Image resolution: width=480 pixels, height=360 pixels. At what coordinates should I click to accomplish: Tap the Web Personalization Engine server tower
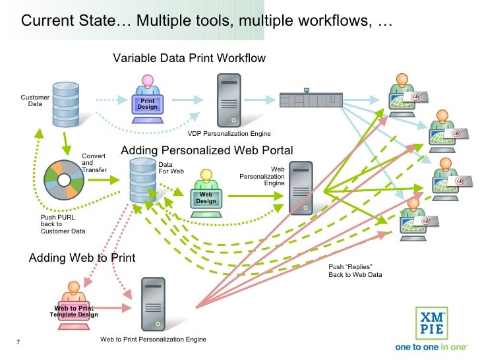(x=300, y=187)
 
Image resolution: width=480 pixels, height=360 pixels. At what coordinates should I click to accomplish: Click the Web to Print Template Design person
(x=74, y=303)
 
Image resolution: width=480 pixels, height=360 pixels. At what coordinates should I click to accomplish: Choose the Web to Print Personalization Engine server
(x=153, y=304)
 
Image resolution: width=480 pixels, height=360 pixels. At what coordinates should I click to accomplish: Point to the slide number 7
(x=17, y=342)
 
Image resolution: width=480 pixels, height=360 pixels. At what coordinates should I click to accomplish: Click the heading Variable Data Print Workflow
(x=189, y=58)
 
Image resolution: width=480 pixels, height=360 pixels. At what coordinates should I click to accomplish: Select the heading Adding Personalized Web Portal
(x=206, y=151)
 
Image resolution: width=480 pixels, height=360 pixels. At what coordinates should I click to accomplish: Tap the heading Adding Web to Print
(x=82, y=258)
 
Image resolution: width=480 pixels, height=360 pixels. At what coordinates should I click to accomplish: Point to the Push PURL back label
(x=63, y=224)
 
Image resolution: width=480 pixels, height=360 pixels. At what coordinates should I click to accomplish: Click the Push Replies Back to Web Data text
(x=355, y=270)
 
